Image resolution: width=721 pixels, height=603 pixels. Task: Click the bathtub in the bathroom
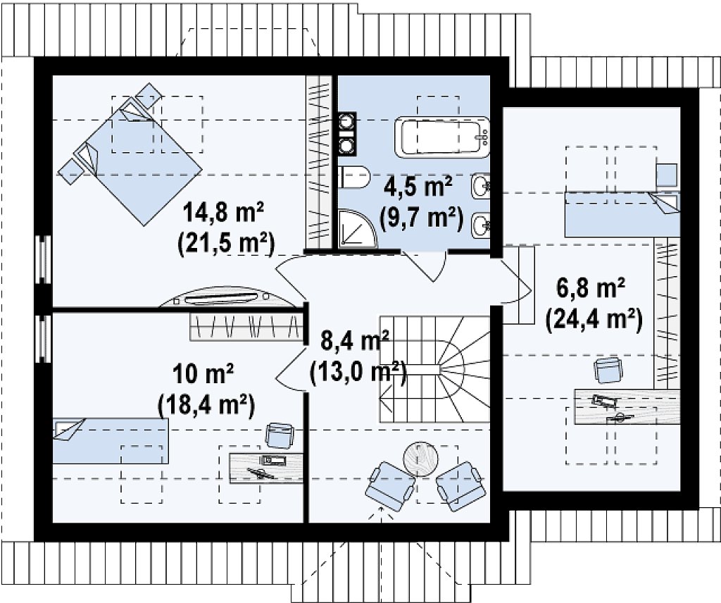point(445,136)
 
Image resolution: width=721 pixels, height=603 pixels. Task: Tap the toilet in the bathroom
point(354,178)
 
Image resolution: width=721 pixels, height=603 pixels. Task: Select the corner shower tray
point(357,228)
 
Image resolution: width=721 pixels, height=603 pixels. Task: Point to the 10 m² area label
point(203,374)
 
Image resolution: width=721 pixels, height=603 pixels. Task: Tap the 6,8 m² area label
point(591,290)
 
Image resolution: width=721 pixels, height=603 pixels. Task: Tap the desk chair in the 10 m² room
point(280,435)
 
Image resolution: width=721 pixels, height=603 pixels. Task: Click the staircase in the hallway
point(434,368)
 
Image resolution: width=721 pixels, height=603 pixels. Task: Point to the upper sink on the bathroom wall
point(480,186)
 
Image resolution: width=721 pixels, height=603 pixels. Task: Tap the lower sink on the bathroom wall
point(480,225)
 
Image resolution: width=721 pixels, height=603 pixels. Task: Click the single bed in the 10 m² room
point(111,441)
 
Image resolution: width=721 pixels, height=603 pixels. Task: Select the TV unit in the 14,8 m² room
point(227,299)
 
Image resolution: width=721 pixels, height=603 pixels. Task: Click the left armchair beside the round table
point(390,486)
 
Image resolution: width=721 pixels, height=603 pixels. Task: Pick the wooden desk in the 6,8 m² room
point(627,407)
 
